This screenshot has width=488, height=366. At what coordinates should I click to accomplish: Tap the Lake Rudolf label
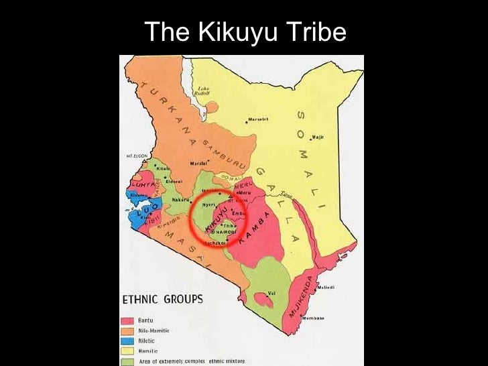coord(203,92)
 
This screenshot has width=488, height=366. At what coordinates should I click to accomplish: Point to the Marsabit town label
coord(257,119)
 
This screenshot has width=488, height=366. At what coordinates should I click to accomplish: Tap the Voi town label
coord(271,292)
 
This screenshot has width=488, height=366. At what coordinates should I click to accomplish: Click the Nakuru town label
coord(180,199)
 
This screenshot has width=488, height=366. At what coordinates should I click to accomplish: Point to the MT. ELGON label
coord(135,156)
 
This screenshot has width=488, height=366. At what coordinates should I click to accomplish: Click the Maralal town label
coord(197,162)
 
